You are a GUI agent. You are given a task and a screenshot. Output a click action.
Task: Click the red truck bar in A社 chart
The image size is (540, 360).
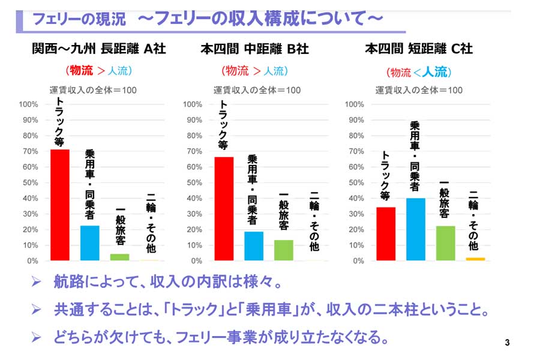click(x=59, y=205)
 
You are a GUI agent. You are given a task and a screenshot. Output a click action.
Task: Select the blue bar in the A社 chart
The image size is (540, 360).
click(x=89, y=243)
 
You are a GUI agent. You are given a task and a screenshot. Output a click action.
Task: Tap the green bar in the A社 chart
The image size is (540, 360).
click(x=119, y=257)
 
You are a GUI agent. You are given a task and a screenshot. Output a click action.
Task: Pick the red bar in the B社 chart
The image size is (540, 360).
click(x=224, y=209)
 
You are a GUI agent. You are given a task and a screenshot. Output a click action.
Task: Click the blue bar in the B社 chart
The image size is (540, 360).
click(x=254, y=246)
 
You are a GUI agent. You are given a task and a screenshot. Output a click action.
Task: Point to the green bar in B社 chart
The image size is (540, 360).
click(x=284, y=250)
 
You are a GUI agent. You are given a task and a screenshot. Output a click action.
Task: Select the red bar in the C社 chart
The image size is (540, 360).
click(x=386, y=234)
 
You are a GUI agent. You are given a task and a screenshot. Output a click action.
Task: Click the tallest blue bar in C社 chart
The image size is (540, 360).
click(x=415, y=229)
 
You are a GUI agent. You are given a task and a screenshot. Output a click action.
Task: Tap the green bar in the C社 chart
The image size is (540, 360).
click(x=445, y=243)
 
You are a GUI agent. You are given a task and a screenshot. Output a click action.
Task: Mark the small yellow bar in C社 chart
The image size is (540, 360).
click(x=475, y=259)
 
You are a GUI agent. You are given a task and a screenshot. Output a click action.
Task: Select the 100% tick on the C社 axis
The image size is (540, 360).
click(x=355, y=104)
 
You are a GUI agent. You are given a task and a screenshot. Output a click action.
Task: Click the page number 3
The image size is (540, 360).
click(x=507, y=343)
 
